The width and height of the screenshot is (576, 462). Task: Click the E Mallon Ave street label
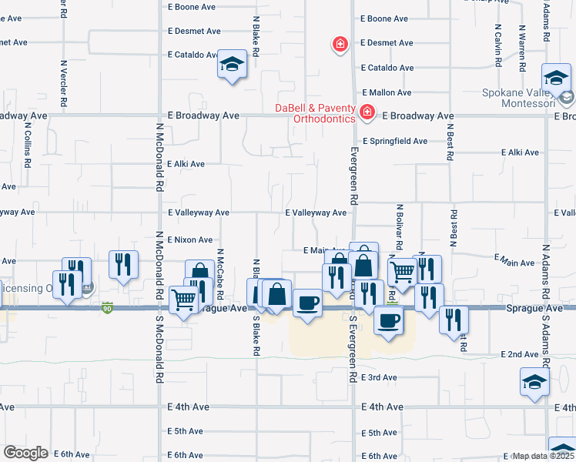pos(385,92)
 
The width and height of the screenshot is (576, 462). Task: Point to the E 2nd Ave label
pos(520,354)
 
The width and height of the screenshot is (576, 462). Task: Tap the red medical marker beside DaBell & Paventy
pos(367,114)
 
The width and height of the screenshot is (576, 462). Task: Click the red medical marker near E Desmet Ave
pos(339,44)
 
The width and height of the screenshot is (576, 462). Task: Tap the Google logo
pos(25,453)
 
